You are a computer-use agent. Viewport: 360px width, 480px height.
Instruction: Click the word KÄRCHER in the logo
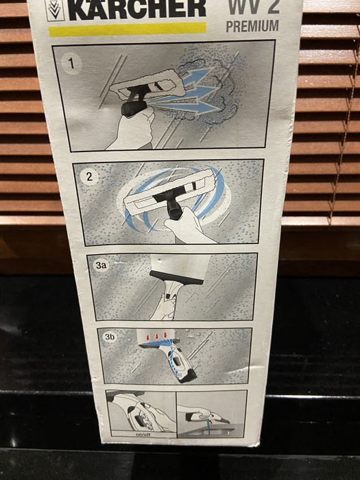(137, 9)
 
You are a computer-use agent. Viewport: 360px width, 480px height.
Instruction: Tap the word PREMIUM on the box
(252, 26)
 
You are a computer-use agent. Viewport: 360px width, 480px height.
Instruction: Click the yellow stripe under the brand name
(128, 29)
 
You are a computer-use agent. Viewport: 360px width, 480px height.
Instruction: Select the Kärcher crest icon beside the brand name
(55, 10)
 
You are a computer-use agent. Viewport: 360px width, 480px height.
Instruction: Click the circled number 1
(71, 64)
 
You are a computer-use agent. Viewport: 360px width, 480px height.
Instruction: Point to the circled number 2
(89, 176)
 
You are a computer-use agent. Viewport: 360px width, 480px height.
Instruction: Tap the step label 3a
(101, 265)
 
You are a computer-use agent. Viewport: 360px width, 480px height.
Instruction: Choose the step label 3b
(110, 337)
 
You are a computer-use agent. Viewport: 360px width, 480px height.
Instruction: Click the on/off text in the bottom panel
(143, 434)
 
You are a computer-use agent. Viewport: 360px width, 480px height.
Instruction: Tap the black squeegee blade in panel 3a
(176, 277)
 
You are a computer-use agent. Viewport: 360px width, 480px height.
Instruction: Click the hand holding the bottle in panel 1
(132, 129)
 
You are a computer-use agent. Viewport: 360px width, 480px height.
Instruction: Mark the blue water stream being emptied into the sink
(208, 427)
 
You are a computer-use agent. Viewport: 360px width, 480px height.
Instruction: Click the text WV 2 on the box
(254, 7)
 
